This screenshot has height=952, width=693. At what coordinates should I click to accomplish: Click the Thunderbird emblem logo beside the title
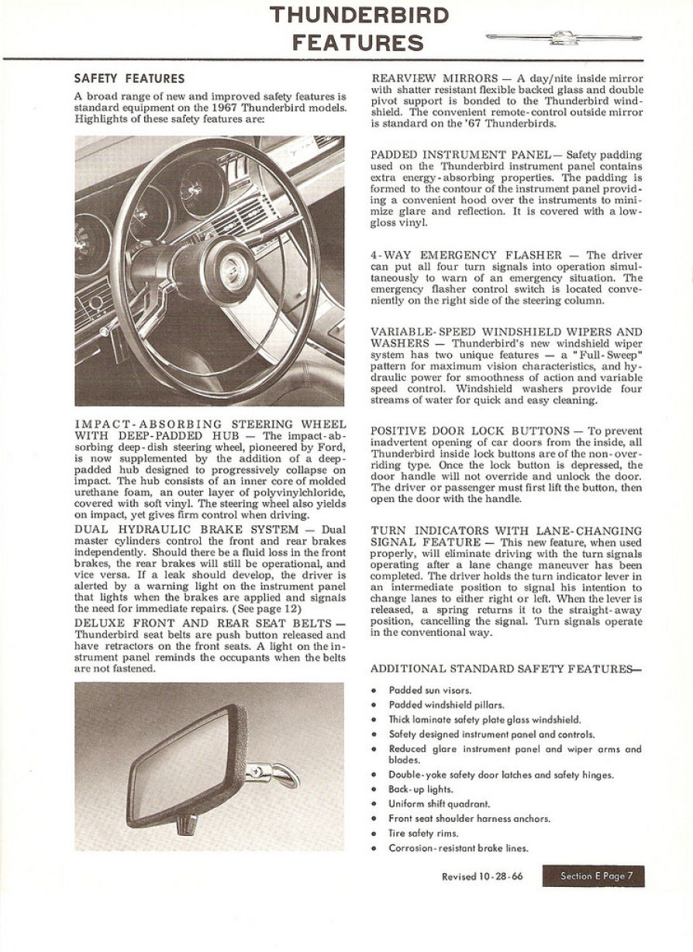[564, 37]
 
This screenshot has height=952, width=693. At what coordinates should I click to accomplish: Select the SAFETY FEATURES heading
[129, 78]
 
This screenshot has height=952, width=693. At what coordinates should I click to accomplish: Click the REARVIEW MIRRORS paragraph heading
[435, 79]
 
